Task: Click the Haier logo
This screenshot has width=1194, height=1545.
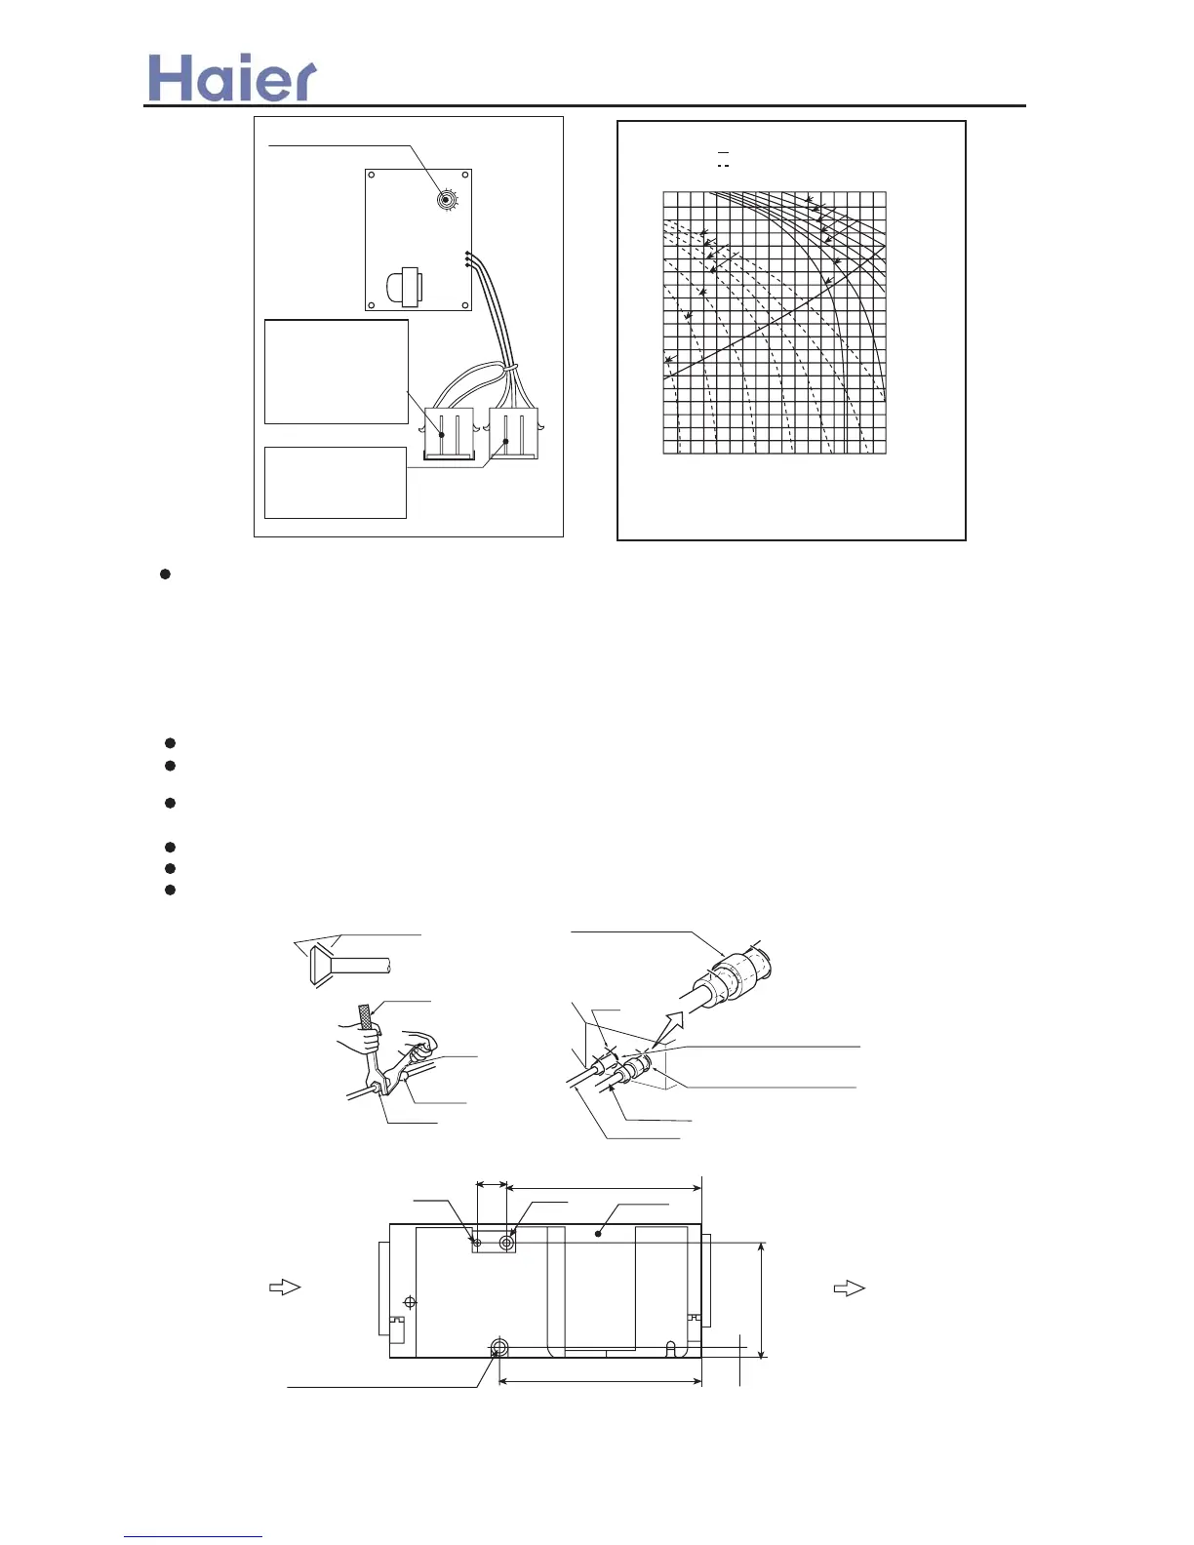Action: click(x=232, y=78)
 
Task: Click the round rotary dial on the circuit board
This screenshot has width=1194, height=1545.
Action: click(x=447, y=201)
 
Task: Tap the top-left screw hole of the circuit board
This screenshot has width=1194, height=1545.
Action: click(x=372, y=176)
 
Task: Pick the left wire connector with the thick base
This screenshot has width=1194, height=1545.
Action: click(x=449, y=433)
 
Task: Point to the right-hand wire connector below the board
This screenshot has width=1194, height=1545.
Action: click(x=513, y=432)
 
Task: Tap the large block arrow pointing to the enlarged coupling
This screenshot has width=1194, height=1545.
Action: click(x=672, y=1028)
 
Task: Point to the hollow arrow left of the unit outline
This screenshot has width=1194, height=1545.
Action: click(x=285, y=1287)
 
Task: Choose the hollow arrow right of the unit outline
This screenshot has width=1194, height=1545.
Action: click(x=849, y=1287)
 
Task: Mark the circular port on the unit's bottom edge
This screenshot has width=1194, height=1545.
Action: click(x=499, y=1348)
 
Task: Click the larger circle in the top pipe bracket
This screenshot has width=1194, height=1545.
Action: click(x=507, y=1242)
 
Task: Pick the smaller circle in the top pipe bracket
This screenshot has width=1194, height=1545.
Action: click(x=478, y=1242)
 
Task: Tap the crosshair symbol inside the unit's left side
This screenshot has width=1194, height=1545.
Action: click(x=410, y=1302)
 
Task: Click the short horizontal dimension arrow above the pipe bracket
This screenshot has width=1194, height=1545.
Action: click(x=492, y=1185)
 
